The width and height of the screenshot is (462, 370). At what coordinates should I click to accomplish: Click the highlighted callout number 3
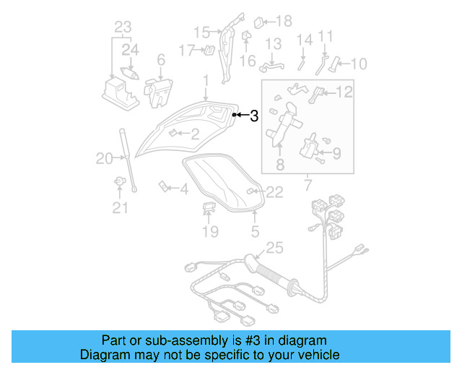[x=254, y=116]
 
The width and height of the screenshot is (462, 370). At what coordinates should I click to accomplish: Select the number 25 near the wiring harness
[x=274, y=249]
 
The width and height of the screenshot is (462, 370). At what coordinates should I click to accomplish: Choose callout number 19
[x=209, y=231]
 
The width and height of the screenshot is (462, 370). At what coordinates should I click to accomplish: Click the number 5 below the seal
[x=254, y=231]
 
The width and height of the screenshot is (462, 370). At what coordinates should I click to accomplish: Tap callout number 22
[x=275, y=192]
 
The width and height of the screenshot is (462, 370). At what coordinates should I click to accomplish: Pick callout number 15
[x=201, y=32]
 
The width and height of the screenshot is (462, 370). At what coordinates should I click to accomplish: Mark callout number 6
[x=160, y=60]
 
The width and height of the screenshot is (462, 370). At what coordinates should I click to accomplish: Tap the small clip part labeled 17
[x=209, y=50]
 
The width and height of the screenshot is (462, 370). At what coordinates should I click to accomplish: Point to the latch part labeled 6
[x=160, y=91]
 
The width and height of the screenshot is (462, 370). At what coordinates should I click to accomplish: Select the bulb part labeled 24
[x=131, y=73]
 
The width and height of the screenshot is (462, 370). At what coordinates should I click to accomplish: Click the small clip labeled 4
[x=164, y=189]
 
